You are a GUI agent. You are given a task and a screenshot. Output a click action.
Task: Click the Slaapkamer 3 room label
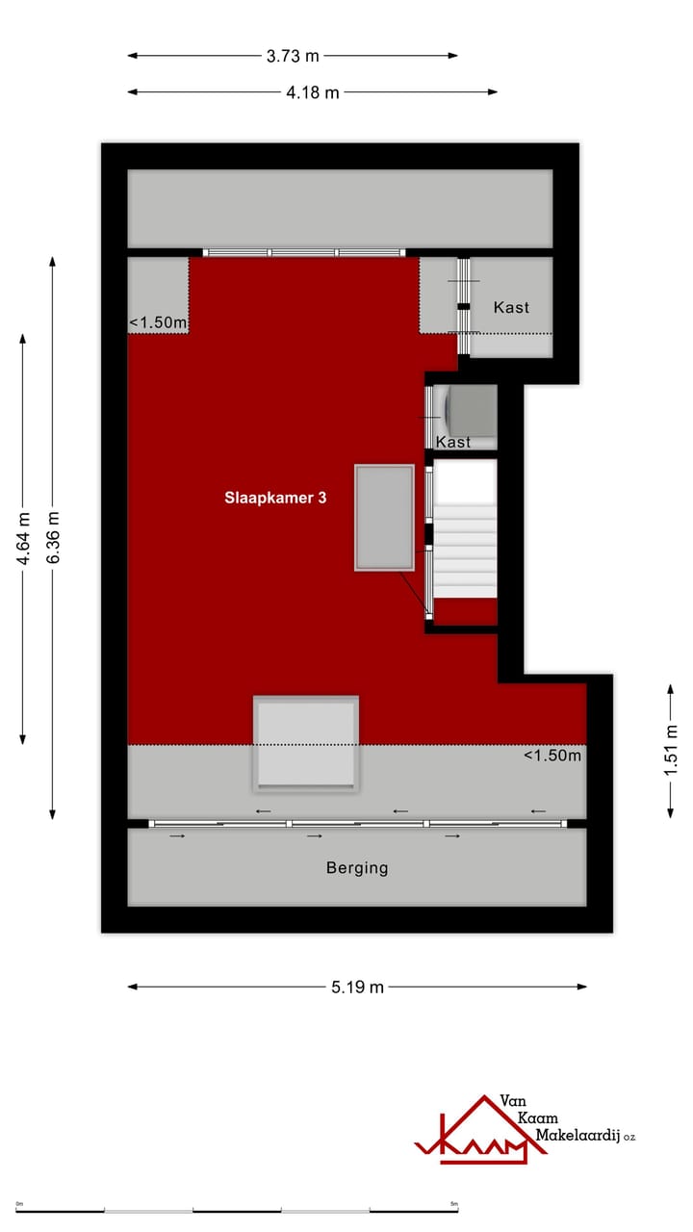[275, 498]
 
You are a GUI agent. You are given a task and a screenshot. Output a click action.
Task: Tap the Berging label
[357, 867]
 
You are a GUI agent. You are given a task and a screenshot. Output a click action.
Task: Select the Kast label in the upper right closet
[511, 307]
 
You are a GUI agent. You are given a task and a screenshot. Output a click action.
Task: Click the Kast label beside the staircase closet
[453, 442]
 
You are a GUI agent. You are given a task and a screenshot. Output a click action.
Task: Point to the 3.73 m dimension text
[293, 56]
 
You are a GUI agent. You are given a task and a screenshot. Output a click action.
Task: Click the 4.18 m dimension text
[313, 92]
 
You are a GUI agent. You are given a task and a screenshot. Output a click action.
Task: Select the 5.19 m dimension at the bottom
[357, 987]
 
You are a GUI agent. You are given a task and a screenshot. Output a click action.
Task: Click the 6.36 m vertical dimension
[53, 539]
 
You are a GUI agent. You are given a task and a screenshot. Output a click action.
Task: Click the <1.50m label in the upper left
[159, 322]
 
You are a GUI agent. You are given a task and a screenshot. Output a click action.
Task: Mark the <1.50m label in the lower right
[552, 756]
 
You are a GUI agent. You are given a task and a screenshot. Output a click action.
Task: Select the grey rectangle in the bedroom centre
[384, 518]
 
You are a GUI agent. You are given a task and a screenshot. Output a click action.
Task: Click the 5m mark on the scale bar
[454, 1204]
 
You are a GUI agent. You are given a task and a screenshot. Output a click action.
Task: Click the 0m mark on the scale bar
[18, 1204]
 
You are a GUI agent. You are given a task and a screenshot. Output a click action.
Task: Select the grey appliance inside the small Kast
[470, 407]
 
